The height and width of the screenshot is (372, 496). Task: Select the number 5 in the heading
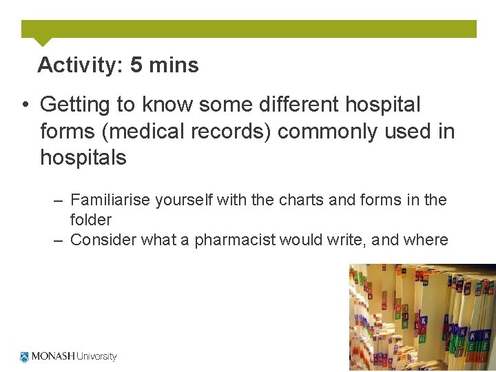click(136, 65)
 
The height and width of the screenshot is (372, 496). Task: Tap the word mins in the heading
click(174, 65)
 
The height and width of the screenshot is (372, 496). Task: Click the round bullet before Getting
click(24, 105)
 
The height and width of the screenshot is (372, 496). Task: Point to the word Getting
click(75, 105)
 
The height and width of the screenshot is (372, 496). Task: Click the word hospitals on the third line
click(83, 158)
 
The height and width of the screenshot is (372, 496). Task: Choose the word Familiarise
click(112, 200)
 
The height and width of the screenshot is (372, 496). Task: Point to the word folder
click(90, 220)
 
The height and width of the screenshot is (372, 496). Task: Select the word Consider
click(102, 240)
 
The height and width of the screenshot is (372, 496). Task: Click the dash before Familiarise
click(58, 200)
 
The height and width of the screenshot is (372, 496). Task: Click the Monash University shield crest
click(25, 357)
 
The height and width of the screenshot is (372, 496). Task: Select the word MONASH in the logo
click(53, 357)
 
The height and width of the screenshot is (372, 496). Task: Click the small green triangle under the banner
click(42, 41)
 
